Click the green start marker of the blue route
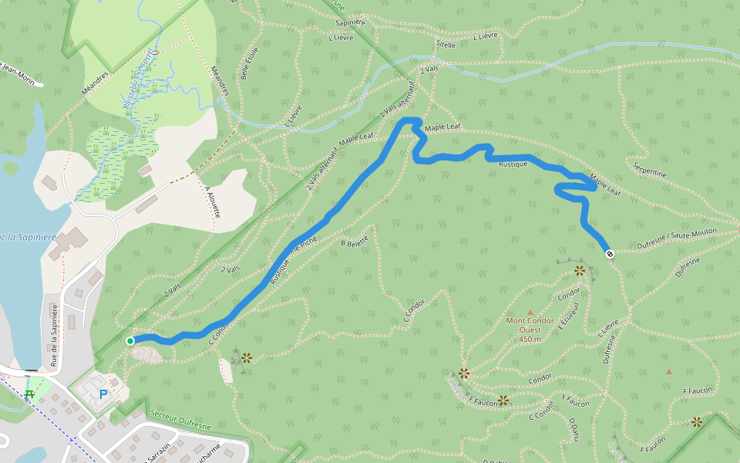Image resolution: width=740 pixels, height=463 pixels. point(130,340)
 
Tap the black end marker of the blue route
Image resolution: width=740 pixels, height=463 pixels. point(610,253)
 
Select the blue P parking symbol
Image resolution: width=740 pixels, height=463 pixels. point(103,394)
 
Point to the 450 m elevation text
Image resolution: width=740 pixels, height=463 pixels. point(530,339)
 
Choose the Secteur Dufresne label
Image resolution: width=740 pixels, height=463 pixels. point(180,421)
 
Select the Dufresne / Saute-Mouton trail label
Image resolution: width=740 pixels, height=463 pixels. point(678,238)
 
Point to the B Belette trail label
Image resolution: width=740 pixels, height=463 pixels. point(355,241)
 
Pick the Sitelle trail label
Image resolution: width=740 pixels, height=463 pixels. point(446,45)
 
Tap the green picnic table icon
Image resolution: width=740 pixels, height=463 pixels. point(30,394)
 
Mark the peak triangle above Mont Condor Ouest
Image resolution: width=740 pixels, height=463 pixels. point(530,312)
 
